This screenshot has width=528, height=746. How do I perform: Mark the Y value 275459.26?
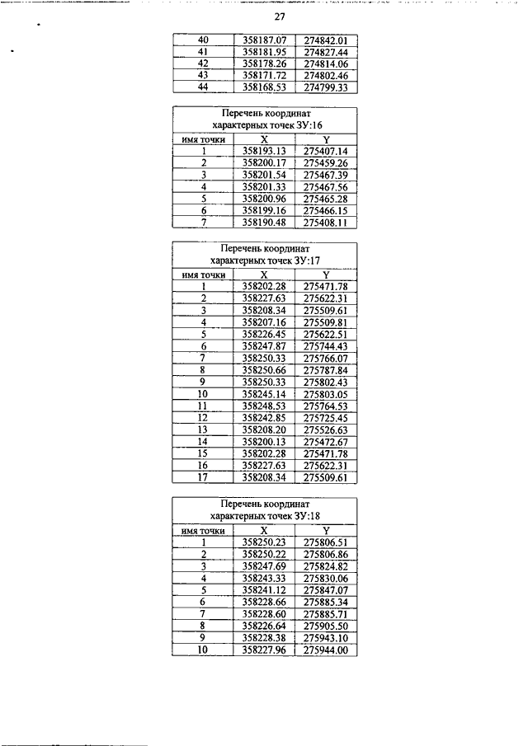coord(325,163)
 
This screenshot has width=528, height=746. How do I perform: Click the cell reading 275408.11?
coord(325,222)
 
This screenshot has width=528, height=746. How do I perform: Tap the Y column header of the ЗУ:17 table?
coord(325,274)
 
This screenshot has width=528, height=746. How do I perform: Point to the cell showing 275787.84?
coord(325,370)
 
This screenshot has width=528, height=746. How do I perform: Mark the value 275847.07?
coord(325,590)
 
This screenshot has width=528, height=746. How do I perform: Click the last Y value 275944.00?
coord(325,650)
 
